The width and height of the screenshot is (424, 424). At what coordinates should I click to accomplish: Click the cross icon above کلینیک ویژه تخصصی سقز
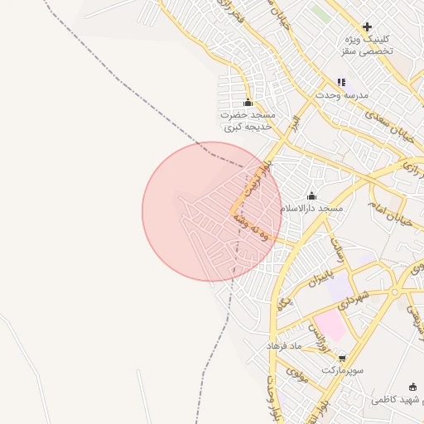(367, 26)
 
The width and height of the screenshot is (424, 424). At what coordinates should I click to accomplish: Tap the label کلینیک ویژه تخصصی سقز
(366, 46)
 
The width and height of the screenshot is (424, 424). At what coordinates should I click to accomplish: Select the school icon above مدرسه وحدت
(341, 82)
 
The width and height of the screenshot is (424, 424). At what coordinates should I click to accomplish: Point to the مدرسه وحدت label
(340, 95)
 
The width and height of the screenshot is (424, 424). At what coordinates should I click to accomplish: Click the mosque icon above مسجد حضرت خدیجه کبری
(248, 102)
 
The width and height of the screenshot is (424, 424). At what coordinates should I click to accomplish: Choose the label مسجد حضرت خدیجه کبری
(248, 121)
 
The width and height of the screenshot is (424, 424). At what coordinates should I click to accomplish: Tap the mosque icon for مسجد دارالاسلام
(311, 195)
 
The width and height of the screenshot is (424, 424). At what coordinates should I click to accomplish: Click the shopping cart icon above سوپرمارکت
(343, 357)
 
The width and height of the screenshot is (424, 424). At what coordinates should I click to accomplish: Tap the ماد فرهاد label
(286, 344)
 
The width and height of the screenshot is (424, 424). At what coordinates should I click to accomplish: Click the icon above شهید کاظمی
(413, 387)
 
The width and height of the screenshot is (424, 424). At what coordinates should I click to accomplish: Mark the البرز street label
(293, 124)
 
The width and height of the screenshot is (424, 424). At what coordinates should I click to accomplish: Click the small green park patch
(320, 14)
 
